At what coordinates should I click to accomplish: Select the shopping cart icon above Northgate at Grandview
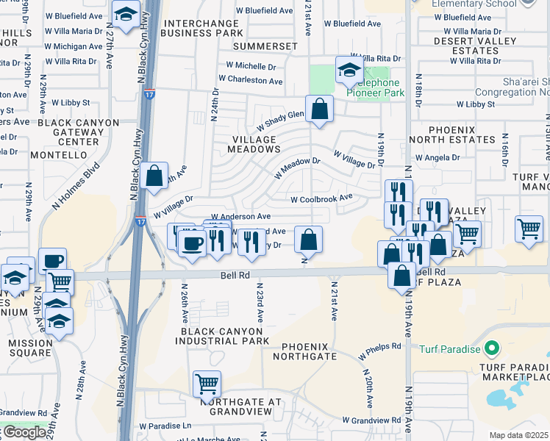pyautogui.click(x=207, y=384)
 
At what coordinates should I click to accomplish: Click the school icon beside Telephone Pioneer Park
pyautogui.click(x=348, y=71)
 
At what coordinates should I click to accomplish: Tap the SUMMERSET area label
pyautogui.click(x=265, y=46)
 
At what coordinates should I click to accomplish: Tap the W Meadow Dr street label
pyautogui.click(x=299, y=168)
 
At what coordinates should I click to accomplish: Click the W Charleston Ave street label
pyautogui.click(x=250, y=79)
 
